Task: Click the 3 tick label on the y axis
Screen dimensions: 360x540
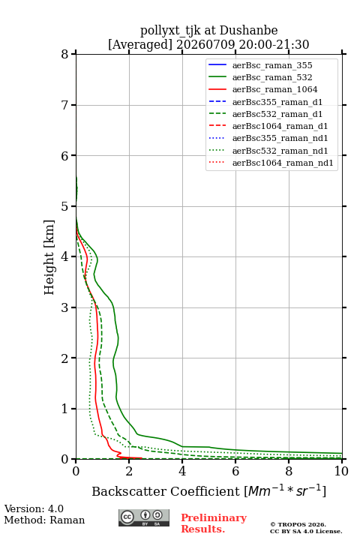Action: (x=65, y=307)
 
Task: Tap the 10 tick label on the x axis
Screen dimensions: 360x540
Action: (x=341, y=471)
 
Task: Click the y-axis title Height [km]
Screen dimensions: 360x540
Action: (x=49, y=257)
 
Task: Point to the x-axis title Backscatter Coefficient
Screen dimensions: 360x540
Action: (x=166, y=491)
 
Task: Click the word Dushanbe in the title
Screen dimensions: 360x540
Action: (x=248, y=31)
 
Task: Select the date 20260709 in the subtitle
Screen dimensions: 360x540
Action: (x=205, y=45)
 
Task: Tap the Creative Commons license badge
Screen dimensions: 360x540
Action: (x=144, y=517)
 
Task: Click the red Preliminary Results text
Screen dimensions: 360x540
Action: (x=214, y=523)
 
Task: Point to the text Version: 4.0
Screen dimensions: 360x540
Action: (x=34, y=509)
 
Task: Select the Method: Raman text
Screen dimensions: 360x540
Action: (x=44, y=520)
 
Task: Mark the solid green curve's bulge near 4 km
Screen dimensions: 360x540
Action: (x=97, y=258)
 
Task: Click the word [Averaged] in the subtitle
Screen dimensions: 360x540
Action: (x=139, y=45)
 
